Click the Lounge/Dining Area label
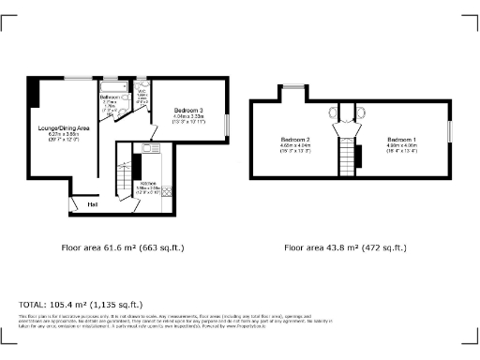pos(63,127)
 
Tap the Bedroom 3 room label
pos(188,112)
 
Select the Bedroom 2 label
pos(294,140)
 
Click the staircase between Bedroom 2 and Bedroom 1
pos(350,156)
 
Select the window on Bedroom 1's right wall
pos(450,131)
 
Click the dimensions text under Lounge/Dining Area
pos(63,137)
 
